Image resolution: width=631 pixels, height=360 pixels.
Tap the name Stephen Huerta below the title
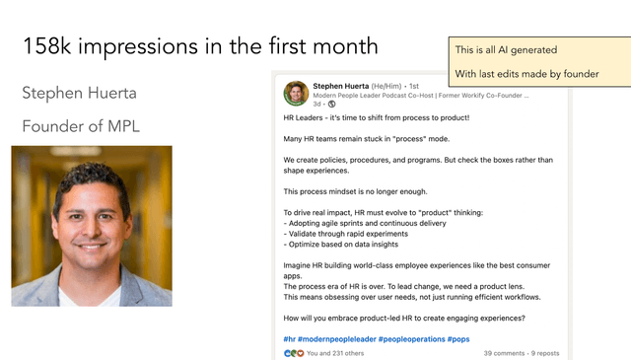79,94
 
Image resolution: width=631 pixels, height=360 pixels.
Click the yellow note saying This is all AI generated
505,50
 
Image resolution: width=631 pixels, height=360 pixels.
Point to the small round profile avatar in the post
296,93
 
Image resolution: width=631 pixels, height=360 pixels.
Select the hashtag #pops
458,339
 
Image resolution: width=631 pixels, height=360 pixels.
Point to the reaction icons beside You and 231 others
293,352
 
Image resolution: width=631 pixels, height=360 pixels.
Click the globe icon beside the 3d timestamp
331,104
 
